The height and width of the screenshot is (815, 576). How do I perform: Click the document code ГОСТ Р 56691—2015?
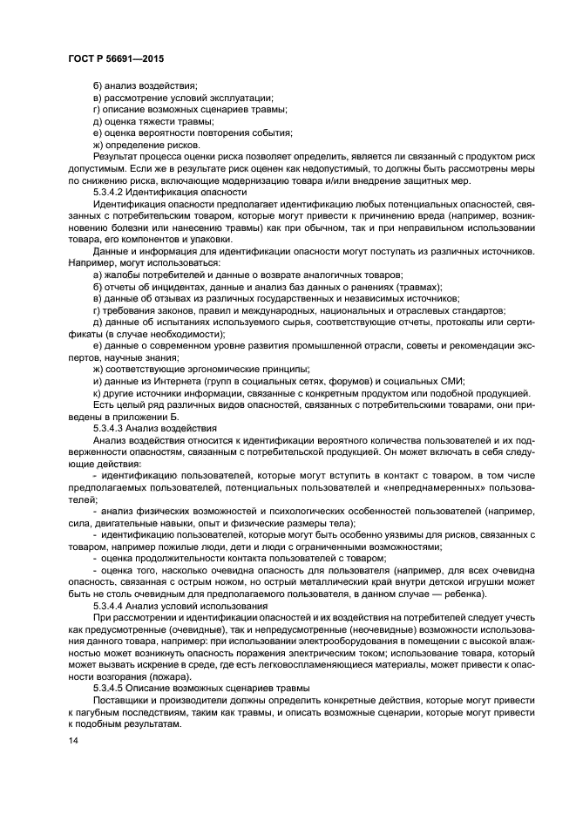tap(116, 58)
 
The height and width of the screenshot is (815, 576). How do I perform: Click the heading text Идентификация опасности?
tap(192, 191)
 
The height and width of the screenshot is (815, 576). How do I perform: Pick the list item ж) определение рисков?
tap(146, 145)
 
